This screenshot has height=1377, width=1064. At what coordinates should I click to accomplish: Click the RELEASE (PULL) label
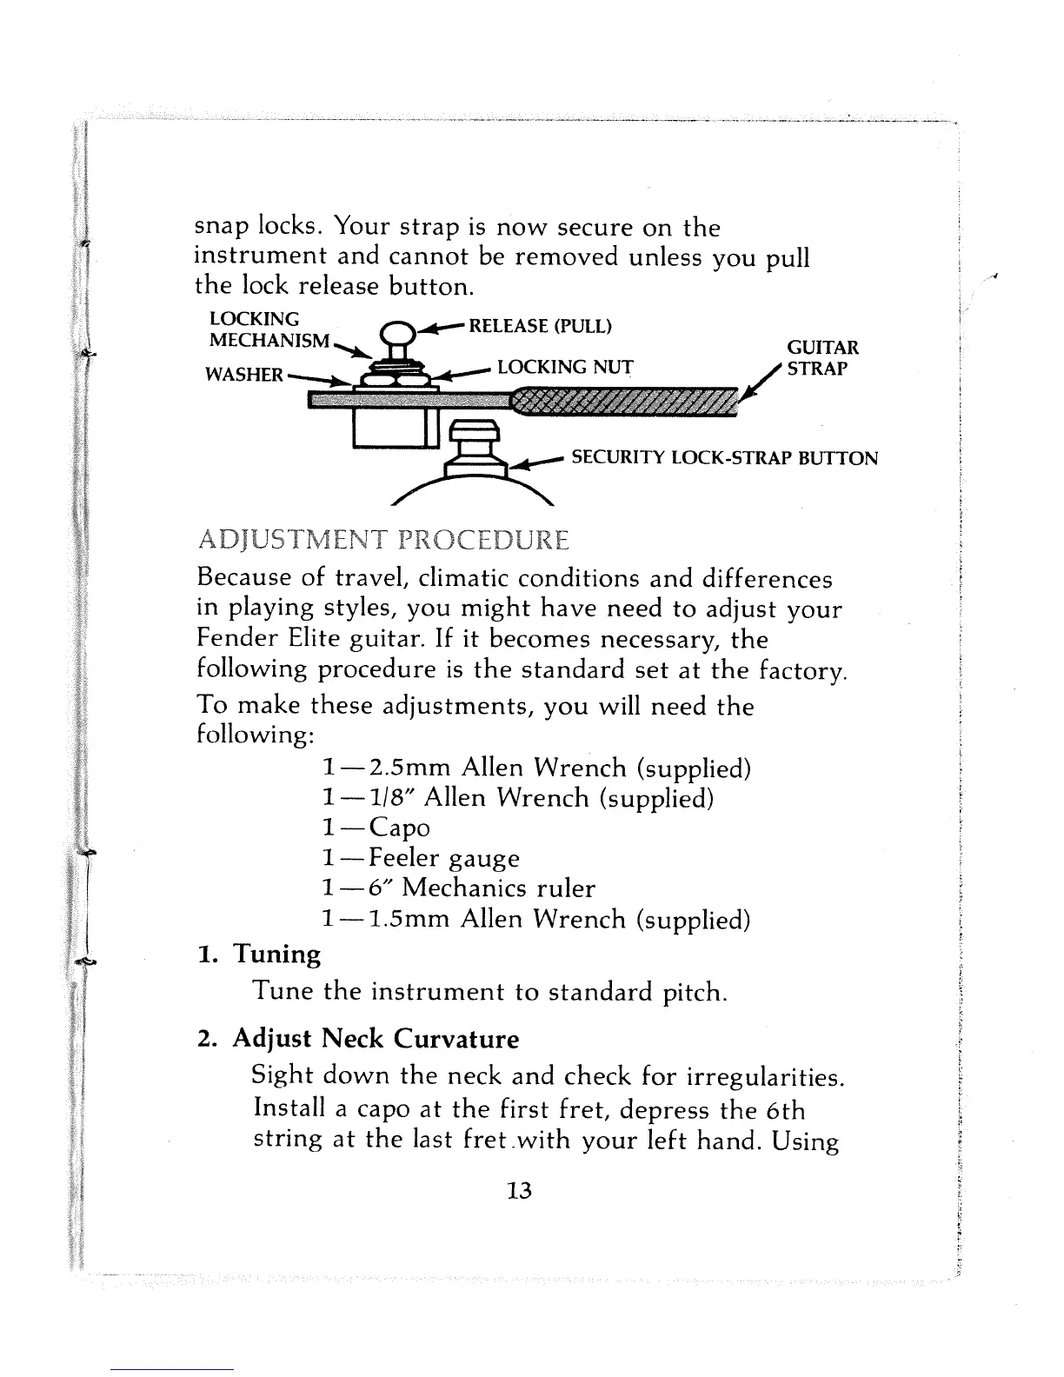pyautogui.click(x=540, y=327)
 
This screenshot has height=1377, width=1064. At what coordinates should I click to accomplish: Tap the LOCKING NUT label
pyautogui.click(x=565, y=367)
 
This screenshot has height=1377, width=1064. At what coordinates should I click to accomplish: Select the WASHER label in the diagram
pyautogui.click(x=243, y=375)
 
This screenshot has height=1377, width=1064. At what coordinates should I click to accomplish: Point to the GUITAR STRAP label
pyautogui.click(x=822, y=357)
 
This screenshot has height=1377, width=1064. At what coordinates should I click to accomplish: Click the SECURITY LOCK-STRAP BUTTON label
pyautogui.click(x=723, y=458)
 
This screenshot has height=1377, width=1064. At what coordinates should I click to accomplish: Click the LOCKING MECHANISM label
pyautogui.click(x=269, y=329)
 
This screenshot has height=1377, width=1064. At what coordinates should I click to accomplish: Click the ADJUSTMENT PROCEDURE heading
pyautogui.click(x=383, y=541)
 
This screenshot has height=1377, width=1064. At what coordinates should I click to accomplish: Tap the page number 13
pyautogui.click(x=518, y=1190)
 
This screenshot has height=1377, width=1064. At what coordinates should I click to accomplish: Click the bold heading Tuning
pyautogui.click(x=276, y=955)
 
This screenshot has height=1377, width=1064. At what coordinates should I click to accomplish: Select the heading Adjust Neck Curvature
pyautogui.click(x=376, y=1039)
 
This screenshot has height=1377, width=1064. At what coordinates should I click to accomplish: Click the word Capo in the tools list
pyautogui.click(x=399, y=828)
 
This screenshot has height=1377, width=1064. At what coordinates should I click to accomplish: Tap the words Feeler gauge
pyautogui.click(x=444, y=859)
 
